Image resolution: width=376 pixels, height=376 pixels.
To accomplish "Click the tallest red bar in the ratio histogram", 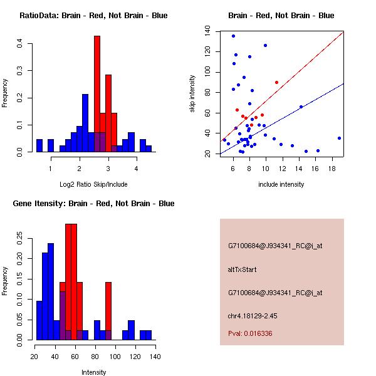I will click(x=97, y=94).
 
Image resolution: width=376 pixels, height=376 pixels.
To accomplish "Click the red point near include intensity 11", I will click(x=276, y=82).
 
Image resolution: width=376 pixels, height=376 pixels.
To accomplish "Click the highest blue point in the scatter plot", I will click(x=233, y=36).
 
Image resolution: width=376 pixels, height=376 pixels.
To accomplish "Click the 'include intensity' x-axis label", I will click(x=281, y=184).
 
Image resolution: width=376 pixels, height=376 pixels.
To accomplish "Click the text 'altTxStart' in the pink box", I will click(x=242, y=270).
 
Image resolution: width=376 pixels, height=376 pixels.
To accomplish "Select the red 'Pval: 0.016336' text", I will click(x=250, y=334).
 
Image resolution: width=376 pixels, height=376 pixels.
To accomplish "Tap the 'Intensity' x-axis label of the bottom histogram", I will click(x=93, y=372).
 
